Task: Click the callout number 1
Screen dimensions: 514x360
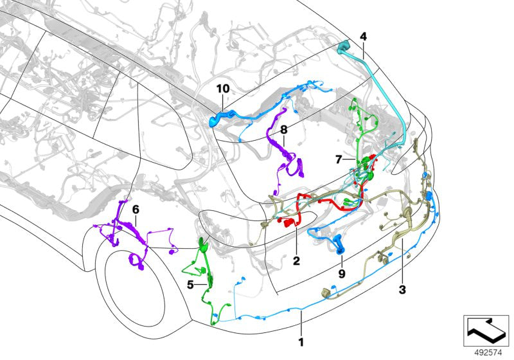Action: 301,342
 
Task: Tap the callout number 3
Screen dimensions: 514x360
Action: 402,290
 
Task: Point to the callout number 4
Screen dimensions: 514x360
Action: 363,37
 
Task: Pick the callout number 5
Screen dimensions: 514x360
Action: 190,285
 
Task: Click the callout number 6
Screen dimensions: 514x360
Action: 136,209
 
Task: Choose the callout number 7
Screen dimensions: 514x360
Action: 339,159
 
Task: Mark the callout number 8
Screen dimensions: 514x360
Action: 284,130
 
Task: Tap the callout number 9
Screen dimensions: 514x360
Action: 342,274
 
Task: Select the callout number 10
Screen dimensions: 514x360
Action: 223,89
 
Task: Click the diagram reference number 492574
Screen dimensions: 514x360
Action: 488,353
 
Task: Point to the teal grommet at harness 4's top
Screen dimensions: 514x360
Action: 344,46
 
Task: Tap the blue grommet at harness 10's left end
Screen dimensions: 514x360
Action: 215,120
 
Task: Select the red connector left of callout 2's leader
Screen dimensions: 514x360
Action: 287,222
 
